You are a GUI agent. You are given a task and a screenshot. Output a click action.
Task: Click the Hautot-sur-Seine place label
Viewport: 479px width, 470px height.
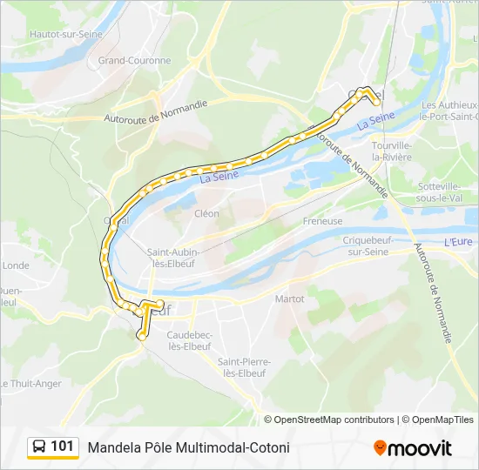(65, 34)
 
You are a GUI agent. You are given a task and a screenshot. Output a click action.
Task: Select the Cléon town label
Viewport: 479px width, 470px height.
(206, 213)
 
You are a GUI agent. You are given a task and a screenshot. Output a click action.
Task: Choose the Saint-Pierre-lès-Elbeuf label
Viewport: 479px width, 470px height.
(244, 367)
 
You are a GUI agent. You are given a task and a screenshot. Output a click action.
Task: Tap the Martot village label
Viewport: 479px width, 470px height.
(289, 299)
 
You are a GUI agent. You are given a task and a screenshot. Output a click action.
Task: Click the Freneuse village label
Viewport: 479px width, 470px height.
(322, 221)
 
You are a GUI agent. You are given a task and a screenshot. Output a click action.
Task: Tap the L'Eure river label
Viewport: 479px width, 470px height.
(457, 242)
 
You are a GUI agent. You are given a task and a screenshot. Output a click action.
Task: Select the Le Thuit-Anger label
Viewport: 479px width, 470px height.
(30, 383)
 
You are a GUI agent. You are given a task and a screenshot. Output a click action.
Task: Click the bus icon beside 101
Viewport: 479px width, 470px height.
(39, 446)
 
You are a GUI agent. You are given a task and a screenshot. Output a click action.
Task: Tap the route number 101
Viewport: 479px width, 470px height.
(63, 446)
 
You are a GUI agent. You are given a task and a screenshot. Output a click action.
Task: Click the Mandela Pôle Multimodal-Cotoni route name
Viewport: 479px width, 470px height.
(188, 447)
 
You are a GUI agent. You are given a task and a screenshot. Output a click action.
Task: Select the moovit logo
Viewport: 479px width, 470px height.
(413, 448)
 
